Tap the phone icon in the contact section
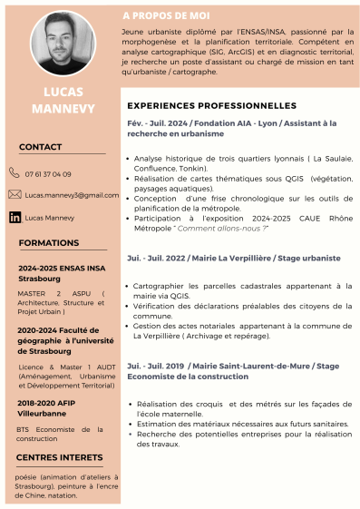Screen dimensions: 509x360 [x=14, y=173]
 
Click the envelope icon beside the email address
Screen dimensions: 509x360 [x=15, y=194]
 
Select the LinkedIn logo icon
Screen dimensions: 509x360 [x=15, y=218]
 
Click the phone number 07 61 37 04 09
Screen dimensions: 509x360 [x=48, y=174]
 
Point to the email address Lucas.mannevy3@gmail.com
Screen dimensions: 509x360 [x=72, y=195]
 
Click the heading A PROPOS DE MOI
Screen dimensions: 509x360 [x=166, y=16]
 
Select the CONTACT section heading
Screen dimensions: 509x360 [x=40, y=147]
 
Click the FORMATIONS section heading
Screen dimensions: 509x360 [x=49, y=243]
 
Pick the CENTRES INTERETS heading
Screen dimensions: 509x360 [x=60, y=457]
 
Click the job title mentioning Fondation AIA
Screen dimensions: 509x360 [x=231, y=128]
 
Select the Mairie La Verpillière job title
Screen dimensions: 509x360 [x=233, y=258]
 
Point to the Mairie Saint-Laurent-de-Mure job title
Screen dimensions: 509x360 [x=233, y=370]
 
